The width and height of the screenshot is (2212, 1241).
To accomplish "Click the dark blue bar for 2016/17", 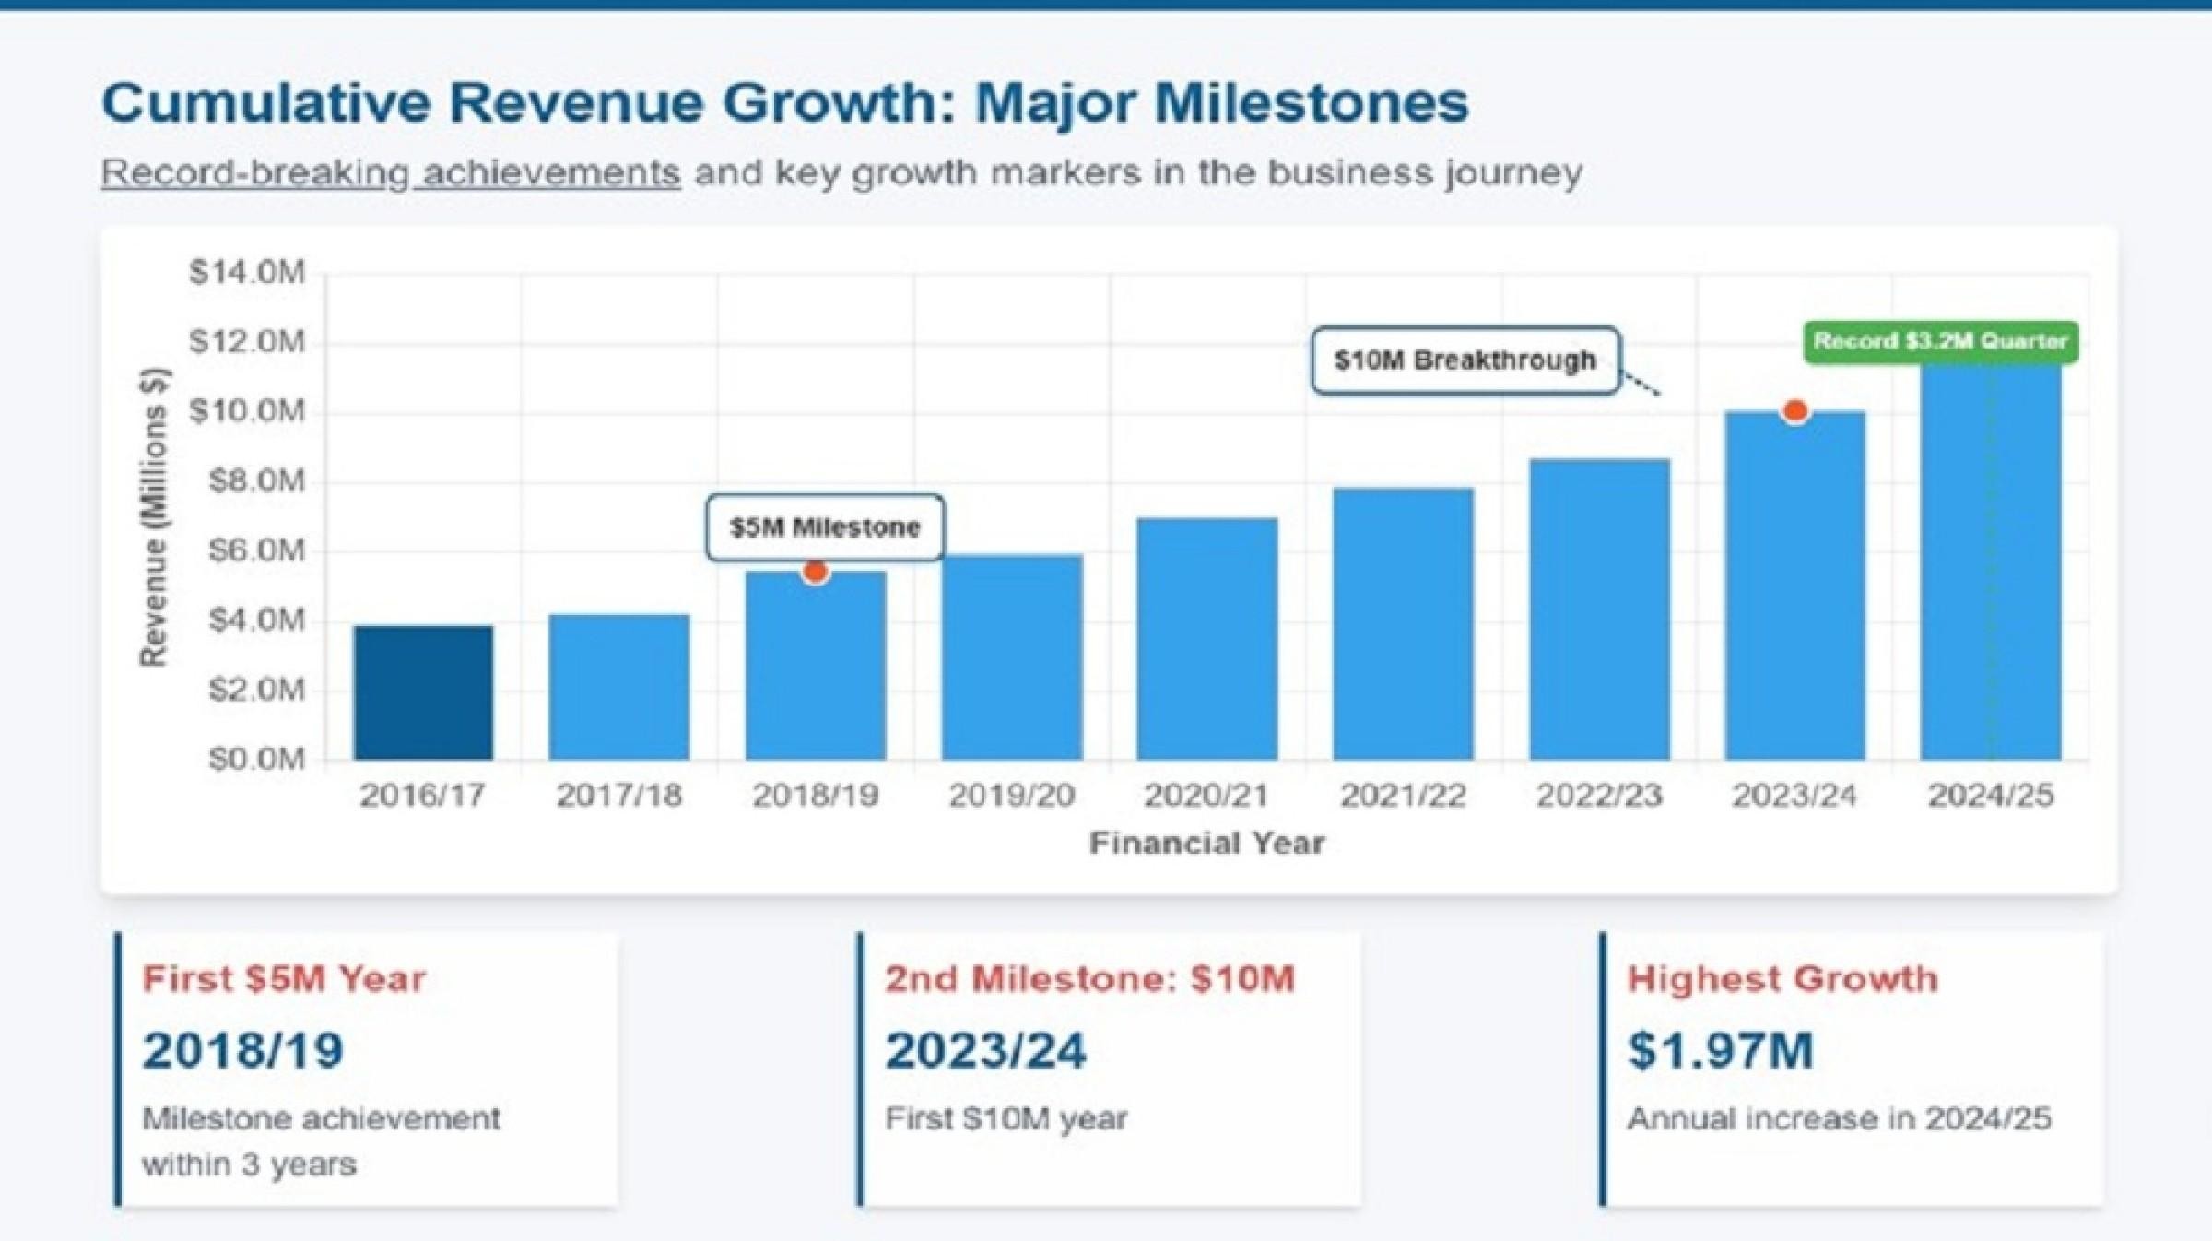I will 423,692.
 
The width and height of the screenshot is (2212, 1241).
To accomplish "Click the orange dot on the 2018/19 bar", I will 815,573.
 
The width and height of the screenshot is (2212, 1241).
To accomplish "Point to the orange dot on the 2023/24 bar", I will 1794,411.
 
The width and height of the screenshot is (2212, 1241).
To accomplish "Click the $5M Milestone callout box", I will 825,527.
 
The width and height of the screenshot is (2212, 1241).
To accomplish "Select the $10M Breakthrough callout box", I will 1465,360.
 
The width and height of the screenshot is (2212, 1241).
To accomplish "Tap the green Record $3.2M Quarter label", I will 1940,341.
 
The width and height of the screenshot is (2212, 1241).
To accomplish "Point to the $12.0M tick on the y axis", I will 247,342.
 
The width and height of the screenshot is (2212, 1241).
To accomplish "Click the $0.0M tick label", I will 256,759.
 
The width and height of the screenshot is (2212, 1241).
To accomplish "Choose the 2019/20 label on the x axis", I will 1011,795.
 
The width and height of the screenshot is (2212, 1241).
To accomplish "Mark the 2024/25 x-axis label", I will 1991,795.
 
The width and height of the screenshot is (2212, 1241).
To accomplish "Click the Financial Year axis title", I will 1206,843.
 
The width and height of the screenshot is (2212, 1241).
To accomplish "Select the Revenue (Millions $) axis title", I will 153,516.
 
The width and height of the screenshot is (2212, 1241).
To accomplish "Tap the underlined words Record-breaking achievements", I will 391,172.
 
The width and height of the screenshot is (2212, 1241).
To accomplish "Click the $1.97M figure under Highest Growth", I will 1721,1050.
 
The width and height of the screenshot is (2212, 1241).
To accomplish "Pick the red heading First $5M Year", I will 284,979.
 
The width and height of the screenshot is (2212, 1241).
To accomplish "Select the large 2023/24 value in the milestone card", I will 986,1050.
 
